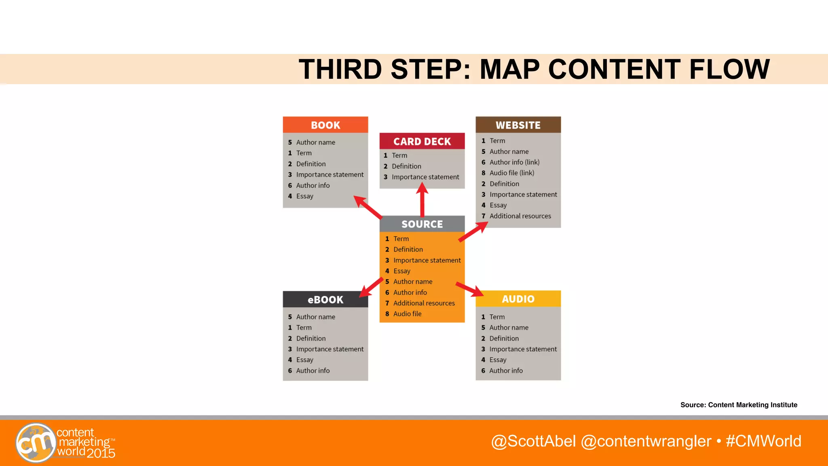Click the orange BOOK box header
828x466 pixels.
pos(325,125)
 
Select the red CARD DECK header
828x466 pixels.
pos(422,142)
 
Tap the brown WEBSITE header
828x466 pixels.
pos(518,125)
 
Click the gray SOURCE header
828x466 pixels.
pos(422,224)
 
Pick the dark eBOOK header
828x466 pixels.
pos(325,300)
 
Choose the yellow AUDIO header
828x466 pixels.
pos(518,299)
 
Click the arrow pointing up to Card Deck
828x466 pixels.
pos(422,200)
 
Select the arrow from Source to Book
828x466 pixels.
pos(368,207)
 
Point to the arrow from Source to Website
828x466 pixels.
pos(473,232)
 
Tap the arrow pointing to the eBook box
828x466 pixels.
pos(371,287)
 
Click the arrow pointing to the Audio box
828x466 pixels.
pos(470,289)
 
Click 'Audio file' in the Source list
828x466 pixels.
pos(407,314)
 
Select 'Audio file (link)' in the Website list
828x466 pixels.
pos(511,173)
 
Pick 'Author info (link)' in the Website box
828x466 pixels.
pos(514,162)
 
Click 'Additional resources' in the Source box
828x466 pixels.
pos(424,303)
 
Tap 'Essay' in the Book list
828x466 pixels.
pos(304,196)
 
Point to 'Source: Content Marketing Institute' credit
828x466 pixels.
pos(739,405)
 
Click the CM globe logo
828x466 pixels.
pos(36,443)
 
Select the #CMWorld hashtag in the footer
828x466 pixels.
pos(763,441)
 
